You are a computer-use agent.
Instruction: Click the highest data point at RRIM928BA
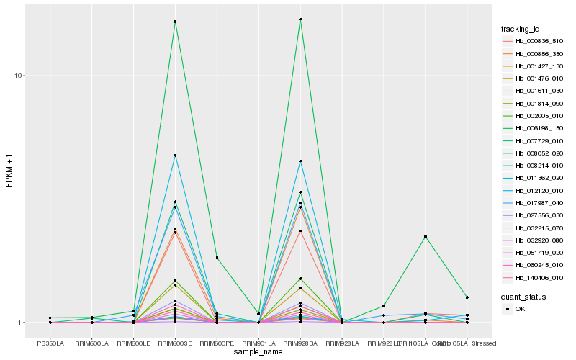(x=300, y=19)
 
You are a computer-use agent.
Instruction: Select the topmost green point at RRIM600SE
(x=175, y=22)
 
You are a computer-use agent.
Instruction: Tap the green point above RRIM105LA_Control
(x=426, y=237)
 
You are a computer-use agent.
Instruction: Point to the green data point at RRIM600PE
(x=217, y=258)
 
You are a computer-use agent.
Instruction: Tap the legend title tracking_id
(x=521, y=29)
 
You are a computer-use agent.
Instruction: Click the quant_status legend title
(x=523, y=296)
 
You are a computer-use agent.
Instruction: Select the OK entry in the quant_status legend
(x=521, y=308)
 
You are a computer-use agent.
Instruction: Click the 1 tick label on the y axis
(x=22, y=323)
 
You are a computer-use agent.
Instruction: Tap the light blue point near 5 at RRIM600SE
(x=175, y=156)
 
